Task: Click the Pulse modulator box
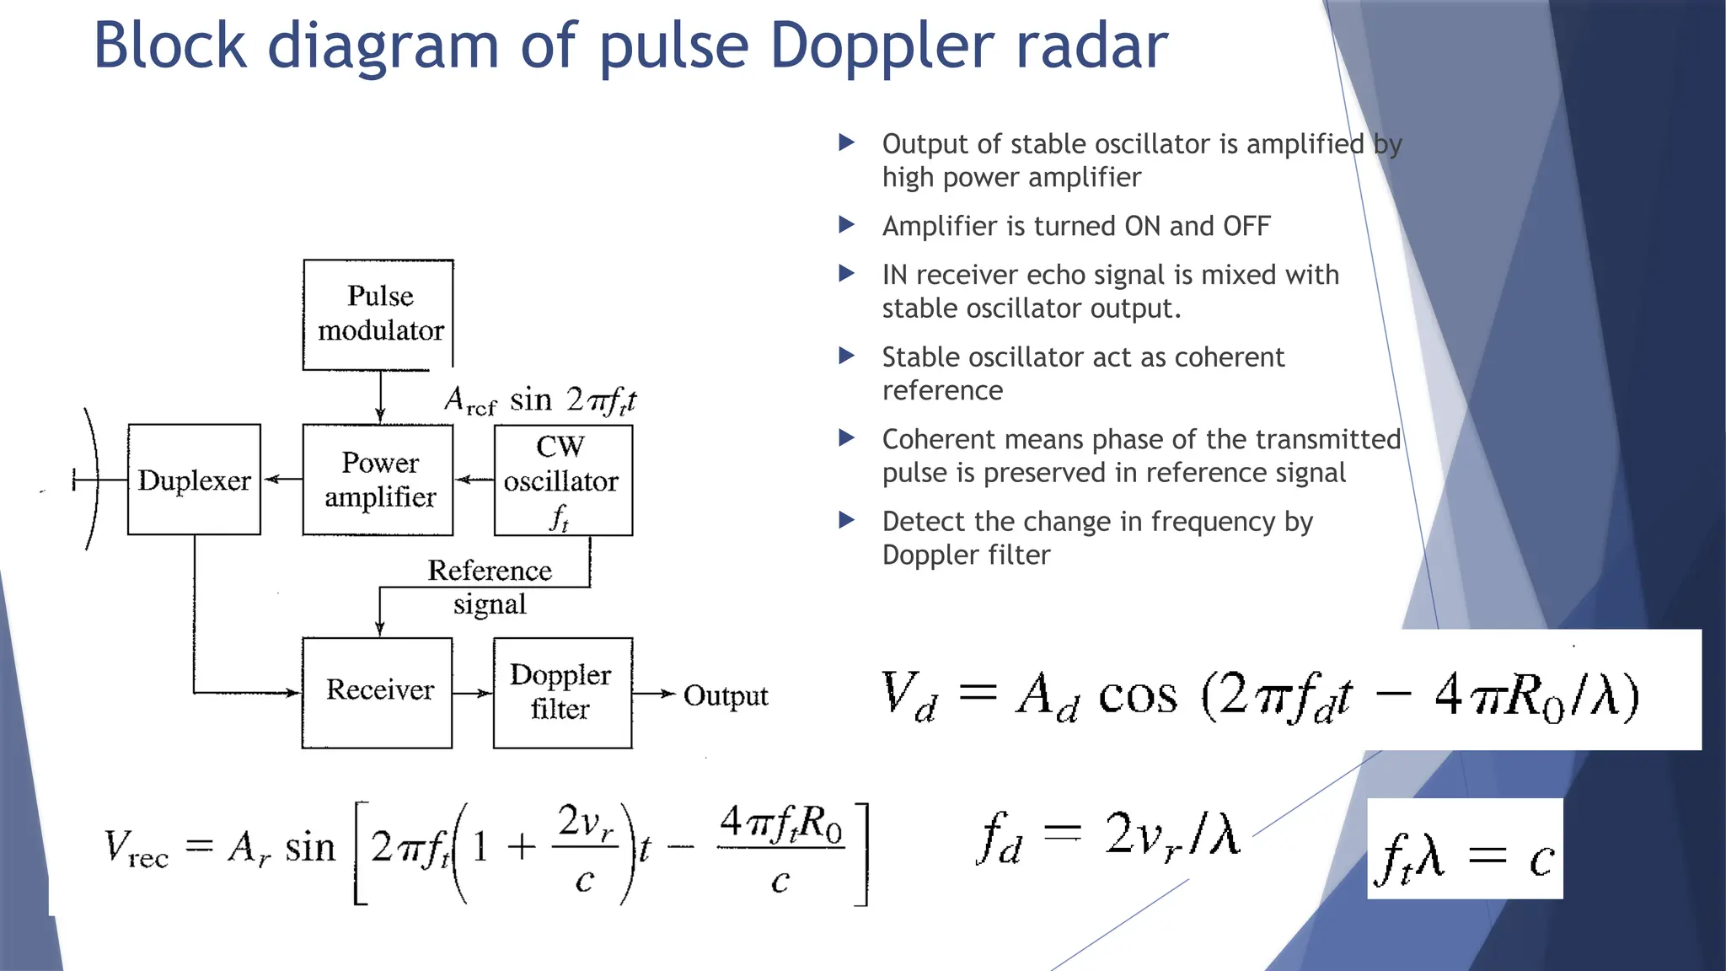(378, 314)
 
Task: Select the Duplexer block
(194, 480)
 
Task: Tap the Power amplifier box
(378, 480)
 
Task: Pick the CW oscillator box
(563, 480)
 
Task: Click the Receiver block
(378, 692)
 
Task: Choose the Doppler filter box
(562, 692)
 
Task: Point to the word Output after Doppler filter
(725, 695)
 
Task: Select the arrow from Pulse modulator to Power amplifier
(380, 396)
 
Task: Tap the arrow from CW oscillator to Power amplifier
(474, 480)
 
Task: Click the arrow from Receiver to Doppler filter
(472, 693)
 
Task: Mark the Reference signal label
(490, 587)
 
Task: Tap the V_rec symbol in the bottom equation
(136, 848)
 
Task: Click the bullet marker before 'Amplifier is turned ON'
(847, 225)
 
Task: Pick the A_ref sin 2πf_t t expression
(540, 400)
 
